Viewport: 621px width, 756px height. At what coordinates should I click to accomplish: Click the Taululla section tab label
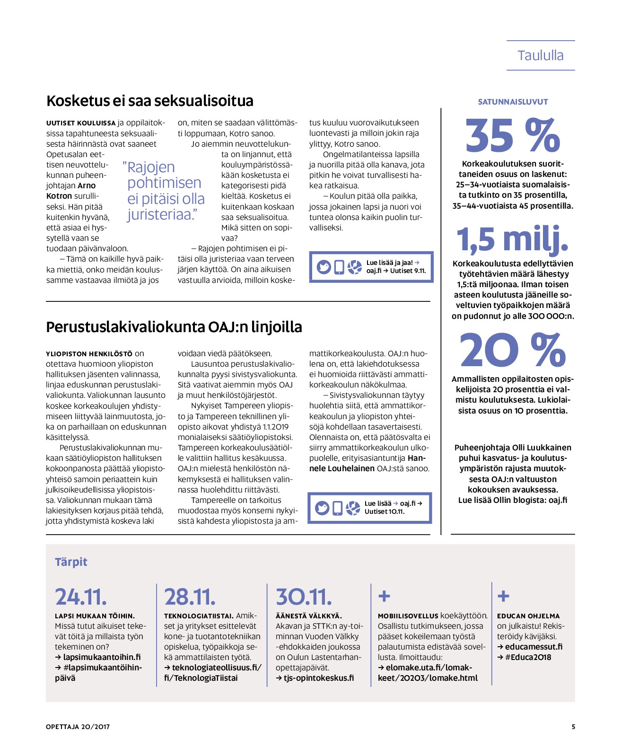(540, 56)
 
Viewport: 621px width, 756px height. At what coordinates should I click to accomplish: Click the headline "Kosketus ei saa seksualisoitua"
(150, 101)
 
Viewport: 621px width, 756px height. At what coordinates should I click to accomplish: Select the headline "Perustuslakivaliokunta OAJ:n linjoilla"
(174, 327)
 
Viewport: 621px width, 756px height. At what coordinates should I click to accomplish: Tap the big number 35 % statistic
(513, 136)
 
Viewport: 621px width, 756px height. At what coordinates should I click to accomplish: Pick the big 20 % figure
(513, 351)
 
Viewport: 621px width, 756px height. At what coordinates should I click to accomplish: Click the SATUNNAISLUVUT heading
(513, 102)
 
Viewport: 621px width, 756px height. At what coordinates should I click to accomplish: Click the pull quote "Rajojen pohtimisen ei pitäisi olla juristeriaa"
(164, 191)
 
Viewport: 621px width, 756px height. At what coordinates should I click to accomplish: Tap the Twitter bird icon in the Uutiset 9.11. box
(324, 267)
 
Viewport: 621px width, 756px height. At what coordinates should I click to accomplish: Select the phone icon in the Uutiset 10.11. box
(337, 508)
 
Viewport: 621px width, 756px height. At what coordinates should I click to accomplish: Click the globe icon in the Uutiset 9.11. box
(354, 267)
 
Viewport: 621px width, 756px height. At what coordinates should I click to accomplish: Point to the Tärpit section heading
(71, 562)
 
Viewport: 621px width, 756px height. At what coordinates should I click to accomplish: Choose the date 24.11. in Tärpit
(81, 597)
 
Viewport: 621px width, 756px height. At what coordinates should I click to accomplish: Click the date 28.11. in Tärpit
(190, 597)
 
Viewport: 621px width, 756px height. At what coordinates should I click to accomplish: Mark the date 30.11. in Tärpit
(304, 597)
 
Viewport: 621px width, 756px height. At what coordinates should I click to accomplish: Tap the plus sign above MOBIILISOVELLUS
(384, 596)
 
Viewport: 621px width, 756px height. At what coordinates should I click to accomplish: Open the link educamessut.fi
(534, 647)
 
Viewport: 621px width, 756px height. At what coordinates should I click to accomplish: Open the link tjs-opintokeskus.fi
(319, 678)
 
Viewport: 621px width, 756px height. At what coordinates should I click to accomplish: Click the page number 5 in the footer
(573, 727)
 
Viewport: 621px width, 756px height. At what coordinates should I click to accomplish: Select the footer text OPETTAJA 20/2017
(78, 727)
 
